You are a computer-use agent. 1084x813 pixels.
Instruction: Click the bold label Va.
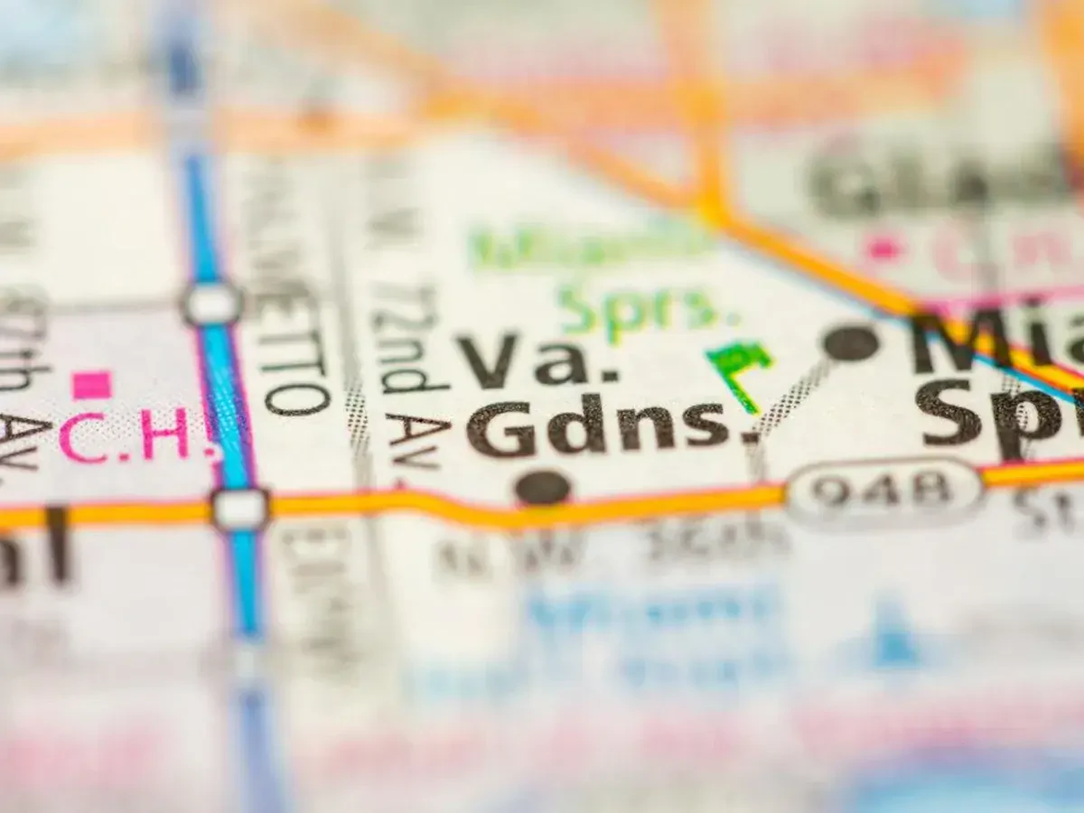[537, 360]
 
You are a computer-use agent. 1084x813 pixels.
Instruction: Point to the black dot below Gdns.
[543, 488]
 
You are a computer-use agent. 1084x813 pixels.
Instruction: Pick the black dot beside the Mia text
[851, 343]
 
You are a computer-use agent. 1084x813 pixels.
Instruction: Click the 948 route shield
[882, 491]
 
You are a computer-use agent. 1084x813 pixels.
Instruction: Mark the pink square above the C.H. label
[92, 385]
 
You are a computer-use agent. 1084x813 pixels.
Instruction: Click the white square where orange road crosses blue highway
[240, 509]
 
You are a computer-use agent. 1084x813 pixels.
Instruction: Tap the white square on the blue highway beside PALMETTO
[212, 304]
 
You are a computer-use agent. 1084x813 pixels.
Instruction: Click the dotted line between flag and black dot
[793, 394]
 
